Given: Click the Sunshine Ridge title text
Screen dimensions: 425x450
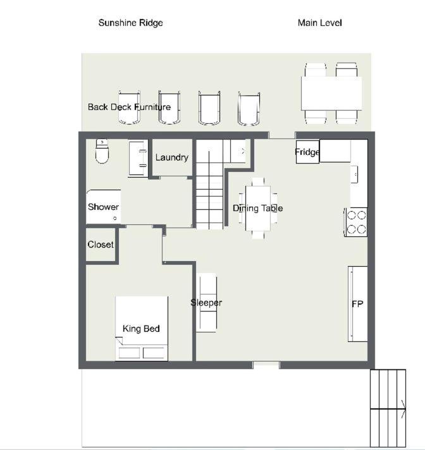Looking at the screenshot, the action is click(131, 23).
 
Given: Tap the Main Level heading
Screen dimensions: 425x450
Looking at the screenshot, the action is click(319, 23).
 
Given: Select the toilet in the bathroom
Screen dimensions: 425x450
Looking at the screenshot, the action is click(102, 151).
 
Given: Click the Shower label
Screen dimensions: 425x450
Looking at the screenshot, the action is click(103, 207).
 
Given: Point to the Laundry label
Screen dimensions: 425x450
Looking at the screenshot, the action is click(172, 157).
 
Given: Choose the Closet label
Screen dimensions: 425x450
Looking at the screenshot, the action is click(101, 245).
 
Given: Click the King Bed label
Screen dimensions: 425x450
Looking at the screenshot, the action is click(141, 329).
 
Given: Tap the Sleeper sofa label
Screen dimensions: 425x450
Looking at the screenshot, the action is click(206, 303).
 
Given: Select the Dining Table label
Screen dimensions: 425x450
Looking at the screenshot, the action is click(257, 209).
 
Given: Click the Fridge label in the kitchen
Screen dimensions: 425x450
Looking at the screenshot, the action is click(307, 152).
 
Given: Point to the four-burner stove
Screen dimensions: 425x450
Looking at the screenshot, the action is click(356, 222).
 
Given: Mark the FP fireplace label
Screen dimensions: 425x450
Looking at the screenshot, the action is click(357, 304).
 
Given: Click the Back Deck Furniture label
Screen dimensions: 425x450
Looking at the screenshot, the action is click(129, 107).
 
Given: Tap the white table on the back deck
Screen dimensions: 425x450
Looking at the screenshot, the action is click(331, 94).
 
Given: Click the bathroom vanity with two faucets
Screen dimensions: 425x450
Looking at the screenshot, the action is click(139, 158).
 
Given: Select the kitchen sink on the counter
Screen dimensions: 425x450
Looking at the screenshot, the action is click(354, 174).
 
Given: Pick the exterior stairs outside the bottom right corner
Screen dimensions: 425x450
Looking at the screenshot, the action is click(388, 408).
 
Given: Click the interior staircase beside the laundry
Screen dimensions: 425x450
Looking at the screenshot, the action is click(209, 185).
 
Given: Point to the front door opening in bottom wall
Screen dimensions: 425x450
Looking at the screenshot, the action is click(266, 365).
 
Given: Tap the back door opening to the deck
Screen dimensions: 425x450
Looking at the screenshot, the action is click(282, 135).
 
